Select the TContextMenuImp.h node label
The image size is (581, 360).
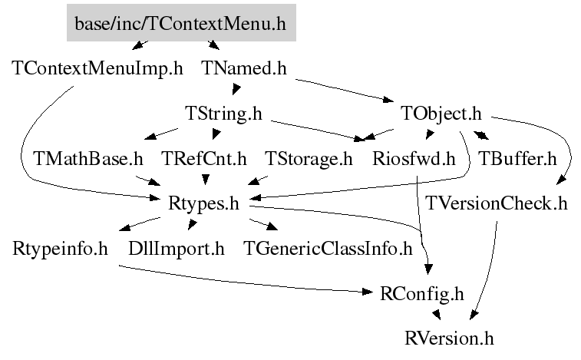(98, 68)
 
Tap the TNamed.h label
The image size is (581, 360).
(244, 68)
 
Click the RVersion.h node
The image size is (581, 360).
(450, 338)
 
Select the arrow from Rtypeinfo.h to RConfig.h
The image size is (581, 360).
(246, 282)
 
